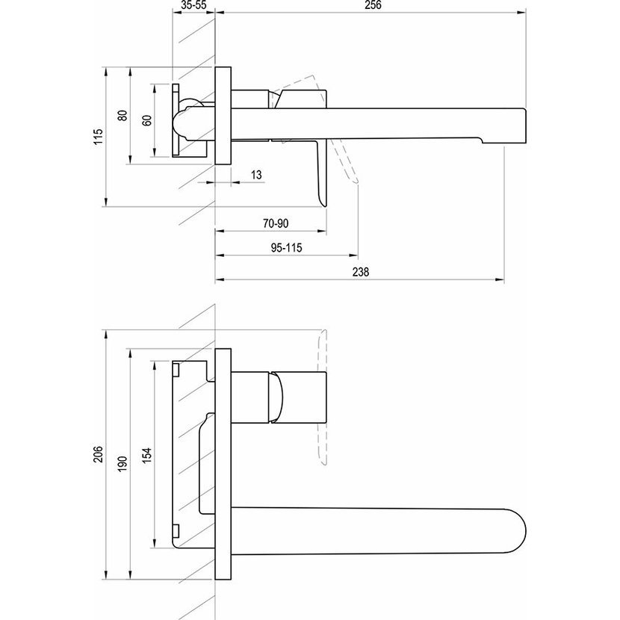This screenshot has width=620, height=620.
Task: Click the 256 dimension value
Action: coord(373,5)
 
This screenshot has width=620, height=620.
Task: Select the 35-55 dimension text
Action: coord(194,5)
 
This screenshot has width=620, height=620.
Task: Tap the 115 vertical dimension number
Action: coord(98,137)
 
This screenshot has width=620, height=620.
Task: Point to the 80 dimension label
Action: coord(123,116)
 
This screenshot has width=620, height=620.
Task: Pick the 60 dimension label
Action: coord(146,120)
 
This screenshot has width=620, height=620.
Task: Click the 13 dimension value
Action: coord(256,175)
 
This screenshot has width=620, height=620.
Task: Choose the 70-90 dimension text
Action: coord(276,223)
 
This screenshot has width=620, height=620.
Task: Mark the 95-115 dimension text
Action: coord(287,248)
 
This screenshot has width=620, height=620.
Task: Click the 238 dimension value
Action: coord(360,272)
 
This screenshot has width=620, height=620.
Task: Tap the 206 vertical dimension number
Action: coord(98,454)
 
